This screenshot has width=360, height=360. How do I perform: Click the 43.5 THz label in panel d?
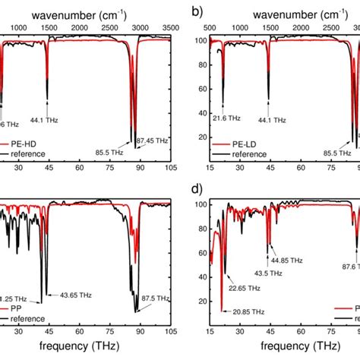(270, 273)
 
